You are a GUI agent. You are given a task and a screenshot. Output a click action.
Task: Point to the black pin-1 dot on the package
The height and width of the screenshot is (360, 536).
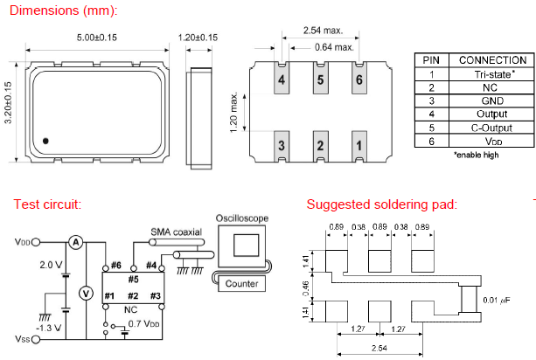coord(46,140)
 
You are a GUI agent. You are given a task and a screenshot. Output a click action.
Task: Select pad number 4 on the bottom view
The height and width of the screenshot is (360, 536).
coord(282,81)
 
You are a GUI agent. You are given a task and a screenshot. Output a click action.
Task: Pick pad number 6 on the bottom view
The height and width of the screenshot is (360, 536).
coord(358,81)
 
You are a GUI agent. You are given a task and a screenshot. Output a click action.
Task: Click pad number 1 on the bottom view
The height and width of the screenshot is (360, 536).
coord(358,145)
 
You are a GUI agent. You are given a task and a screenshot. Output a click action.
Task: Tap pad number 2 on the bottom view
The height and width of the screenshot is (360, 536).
coord(320,145)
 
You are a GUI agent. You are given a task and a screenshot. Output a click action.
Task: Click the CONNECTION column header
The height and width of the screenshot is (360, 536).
coord(491,60)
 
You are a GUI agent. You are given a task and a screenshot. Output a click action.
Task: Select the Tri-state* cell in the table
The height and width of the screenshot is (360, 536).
coord(491,74)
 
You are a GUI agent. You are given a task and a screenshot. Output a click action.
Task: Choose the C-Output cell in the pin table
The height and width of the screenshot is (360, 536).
coord(491,127)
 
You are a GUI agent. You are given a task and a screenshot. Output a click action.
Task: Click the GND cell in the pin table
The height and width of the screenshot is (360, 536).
coord(491,100)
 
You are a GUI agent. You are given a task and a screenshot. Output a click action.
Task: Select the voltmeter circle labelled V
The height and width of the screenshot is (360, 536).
coord(86,294)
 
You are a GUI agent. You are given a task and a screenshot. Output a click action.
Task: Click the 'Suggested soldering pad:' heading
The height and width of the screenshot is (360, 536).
coord(381,204)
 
